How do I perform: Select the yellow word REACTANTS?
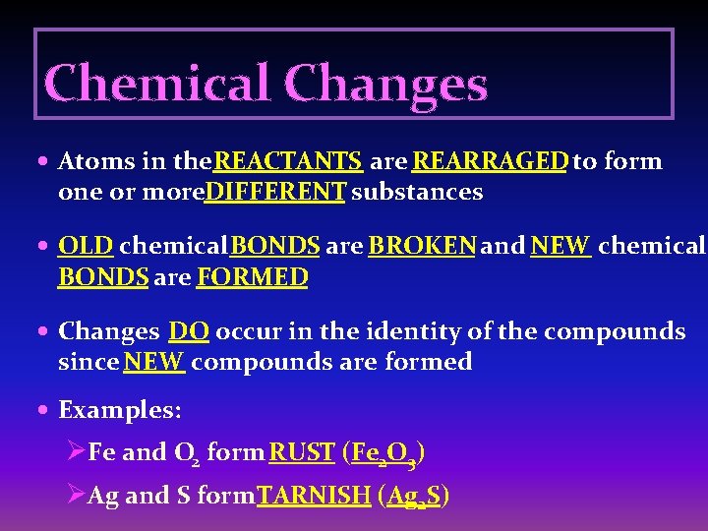coord(289,160)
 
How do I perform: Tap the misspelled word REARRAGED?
coord(490,160)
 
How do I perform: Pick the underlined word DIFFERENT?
coord(275,192)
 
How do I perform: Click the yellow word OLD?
coord(86,246)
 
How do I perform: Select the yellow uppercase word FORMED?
coord(253,277)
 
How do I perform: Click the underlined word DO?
coord(189,331)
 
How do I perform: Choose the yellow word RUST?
coord(302,452)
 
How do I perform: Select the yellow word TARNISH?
coord(313,496)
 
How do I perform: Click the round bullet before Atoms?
coord(46,161)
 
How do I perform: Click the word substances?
coord(417,192)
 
